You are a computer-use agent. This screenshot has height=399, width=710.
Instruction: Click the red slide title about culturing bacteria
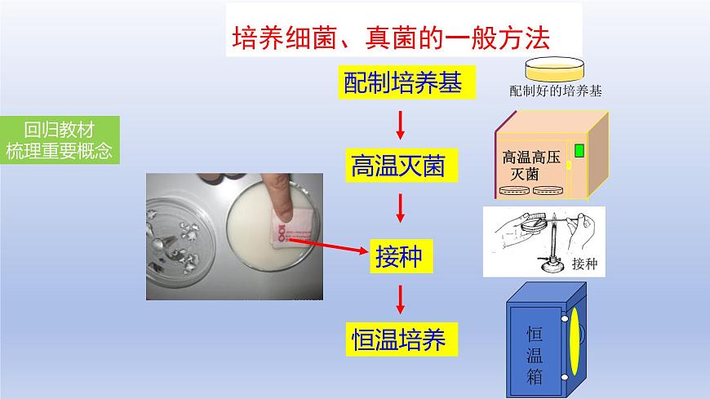391,38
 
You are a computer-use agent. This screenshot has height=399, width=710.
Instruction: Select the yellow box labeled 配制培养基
406,82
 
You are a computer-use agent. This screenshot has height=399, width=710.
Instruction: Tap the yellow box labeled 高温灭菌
402,166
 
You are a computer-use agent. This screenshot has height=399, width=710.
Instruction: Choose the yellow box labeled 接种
402,256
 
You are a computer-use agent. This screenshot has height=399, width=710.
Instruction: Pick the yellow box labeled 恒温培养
402,339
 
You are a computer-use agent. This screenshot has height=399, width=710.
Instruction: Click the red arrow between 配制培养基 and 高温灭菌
400,125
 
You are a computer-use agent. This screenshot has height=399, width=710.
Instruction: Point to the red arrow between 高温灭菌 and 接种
400,208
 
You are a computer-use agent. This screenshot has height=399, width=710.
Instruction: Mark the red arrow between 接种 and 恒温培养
400,299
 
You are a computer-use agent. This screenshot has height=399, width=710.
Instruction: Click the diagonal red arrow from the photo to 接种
328,245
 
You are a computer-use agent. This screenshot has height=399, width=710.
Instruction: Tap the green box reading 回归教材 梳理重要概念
60,140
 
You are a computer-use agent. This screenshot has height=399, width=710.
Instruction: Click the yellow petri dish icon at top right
555,69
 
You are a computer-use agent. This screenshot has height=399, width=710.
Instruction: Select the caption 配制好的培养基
556,91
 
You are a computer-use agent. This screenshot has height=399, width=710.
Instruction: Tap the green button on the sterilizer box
579,150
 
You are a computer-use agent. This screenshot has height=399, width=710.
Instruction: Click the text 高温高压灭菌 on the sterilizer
530,166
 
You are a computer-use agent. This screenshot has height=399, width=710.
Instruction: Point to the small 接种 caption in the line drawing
584,264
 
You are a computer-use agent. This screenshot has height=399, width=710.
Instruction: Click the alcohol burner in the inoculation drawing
553,248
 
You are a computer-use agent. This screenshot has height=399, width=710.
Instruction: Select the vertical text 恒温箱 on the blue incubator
535,356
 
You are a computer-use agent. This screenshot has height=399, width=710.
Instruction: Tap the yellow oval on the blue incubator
574,342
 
